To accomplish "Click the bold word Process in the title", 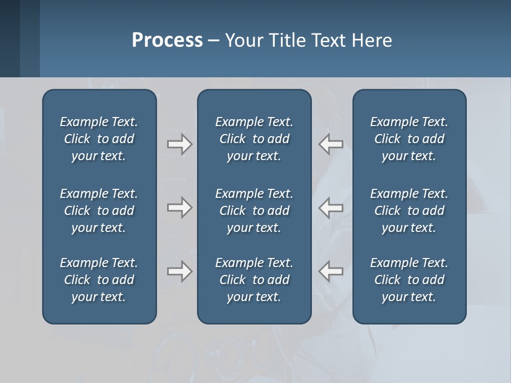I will [167, 40].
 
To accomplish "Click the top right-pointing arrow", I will [179, 144].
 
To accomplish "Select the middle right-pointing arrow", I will [179, 207].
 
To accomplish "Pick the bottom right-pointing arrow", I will [179, 271].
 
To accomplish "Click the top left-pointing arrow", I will [331, 144].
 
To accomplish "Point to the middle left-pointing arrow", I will [331, 207].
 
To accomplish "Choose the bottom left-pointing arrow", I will [331, 271].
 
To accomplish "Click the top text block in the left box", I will [99, 139].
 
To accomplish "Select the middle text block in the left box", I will [99, 211].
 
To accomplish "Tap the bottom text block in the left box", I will [99, 280].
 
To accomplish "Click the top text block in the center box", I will [254, 139].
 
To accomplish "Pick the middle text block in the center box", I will [254, 211].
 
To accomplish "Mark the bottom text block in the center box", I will [254, 280].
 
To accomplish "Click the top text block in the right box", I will [409, 139].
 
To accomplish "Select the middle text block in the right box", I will [409, 211].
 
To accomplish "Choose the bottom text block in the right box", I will [409, 280].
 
